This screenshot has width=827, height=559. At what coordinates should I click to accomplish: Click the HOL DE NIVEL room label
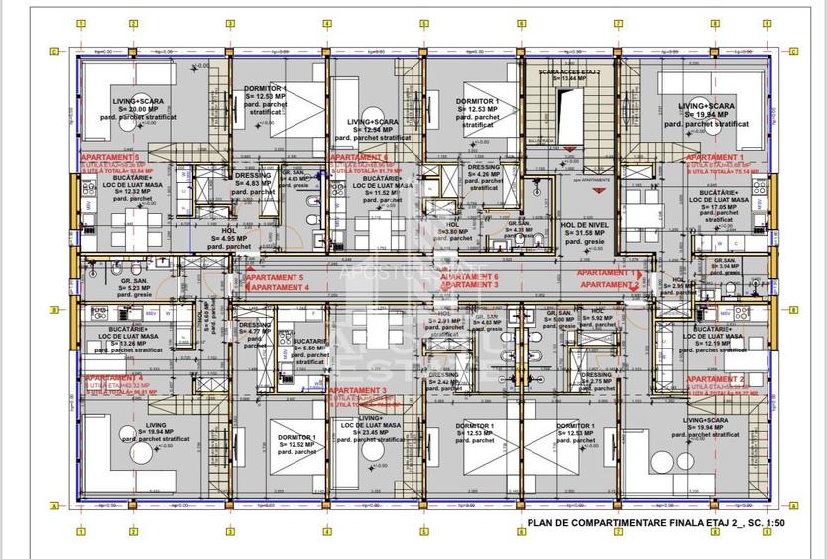pos(589,225)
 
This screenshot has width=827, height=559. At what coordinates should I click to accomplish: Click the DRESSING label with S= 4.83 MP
pos(253,175)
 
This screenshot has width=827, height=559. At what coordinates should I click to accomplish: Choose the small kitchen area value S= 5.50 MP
pos(297,349)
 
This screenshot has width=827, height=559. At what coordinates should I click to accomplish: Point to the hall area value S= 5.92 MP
pos(597,319)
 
